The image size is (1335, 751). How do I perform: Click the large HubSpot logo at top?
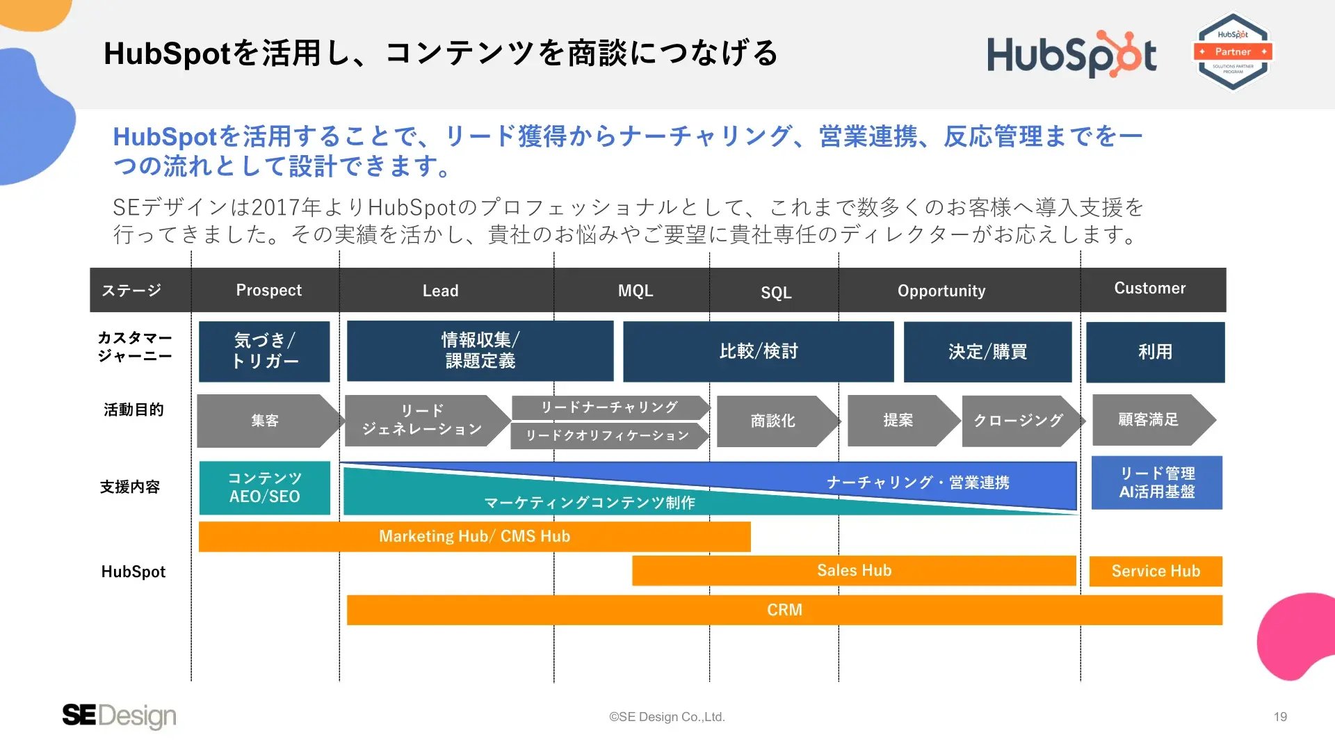tap(1071, 54)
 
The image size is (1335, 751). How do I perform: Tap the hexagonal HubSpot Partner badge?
tap(1233, 52)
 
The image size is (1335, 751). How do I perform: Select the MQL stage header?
tap(636, 291)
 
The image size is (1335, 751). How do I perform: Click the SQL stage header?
tap(776, 292)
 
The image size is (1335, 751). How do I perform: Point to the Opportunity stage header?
tap(941, 291)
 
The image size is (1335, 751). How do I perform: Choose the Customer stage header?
tap(1150, 288)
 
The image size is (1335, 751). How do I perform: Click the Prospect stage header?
tap(269, 290)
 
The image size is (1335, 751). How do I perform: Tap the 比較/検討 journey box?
tap(759, 351)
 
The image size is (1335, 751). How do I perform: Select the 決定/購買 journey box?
tap(987, 351)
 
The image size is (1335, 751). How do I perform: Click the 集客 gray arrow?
tap(270, 421)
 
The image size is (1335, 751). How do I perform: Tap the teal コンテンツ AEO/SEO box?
tap(265, 487)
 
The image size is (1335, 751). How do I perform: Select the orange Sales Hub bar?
tap(854, 571)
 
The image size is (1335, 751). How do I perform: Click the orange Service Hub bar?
tap(1156, 572)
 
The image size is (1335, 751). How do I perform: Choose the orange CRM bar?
tap(784, 610)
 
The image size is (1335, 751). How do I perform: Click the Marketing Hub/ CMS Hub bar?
tap(475, 537)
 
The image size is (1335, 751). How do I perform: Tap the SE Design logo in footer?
tap(119, 716)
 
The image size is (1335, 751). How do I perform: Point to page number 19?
tap(1280, 717)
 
